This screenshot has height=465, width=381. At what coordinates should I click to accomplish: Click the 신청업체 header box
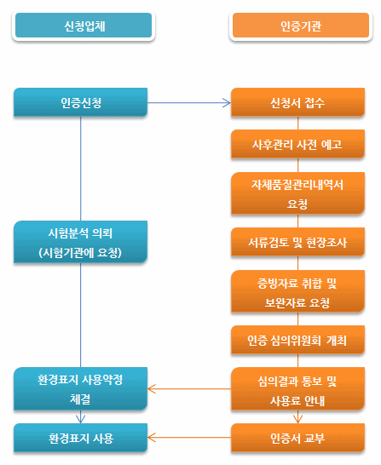click(x=84, y=26)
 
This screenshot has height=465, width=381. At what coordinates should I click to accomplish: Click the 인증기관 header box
click(x=301, y=26)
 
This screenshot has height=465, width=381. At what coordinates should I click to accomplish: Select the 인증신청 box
click(x=80, y=102)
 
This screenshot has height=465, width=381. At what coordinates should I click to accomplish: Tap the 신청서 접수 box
click(x=297, y=102)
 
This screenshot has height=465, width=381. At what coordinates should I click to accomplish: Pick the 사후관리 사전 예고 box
click(x=297, y=144)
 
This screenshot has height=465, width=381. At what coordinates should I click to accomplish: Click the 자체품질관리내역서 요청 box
click(x=297, y=193)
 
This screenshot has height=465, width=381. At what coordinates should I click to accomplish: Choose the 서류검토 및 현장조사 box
click(x=297, y=242)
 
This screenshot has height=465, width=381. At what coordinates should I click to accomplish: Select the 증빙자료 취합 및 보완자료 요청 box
click(x=297, y=291)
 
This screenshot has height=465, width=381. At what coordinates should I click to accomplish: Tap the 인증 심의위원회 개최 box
click(x=297, y=340)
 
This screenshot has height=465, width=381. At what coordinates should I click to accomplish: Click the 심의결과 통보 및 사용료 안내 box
click(x=297, y=389)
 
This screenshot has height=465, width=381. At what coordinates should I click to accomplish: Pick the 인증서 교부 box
click(x=297, y=438)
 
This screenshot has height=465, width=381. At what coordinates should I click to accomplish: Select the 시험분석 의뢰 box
click(x=80, y=242)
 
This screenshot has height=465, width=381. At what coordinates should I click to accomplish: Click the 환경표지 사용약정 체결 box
click(x=80, y=389)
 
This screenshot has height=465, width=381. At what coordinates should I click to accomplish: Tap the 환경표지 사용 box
click(x=80, y=438)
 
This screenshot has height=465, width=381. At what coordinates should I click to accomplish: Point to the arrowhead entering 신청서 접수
click(x=227, y=103)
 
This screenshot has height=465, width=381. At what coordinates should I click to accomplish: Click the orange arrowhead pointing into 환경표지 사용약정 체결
click(x=152, y=389)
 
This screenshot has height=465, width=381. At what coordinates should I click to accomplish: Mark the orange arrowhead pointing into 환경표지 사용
click(x=152, y=437)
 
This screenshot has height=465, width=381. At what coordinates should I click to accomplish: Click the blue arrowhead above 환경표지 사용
click(x=80, y=419)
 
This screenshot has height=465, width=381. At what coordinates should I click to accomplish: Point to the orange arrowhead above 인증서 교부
click(x=297, y=419)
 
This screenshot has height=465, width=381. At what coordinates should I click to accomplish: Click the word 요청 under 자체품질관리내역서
click(x=297, y=204)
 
